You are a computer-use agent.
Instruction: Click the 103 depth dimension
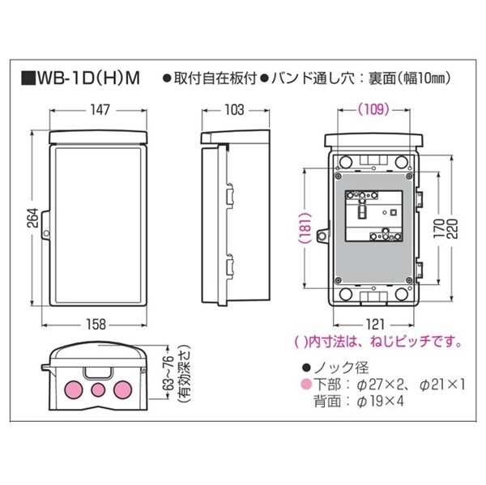tap(233, 108)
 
